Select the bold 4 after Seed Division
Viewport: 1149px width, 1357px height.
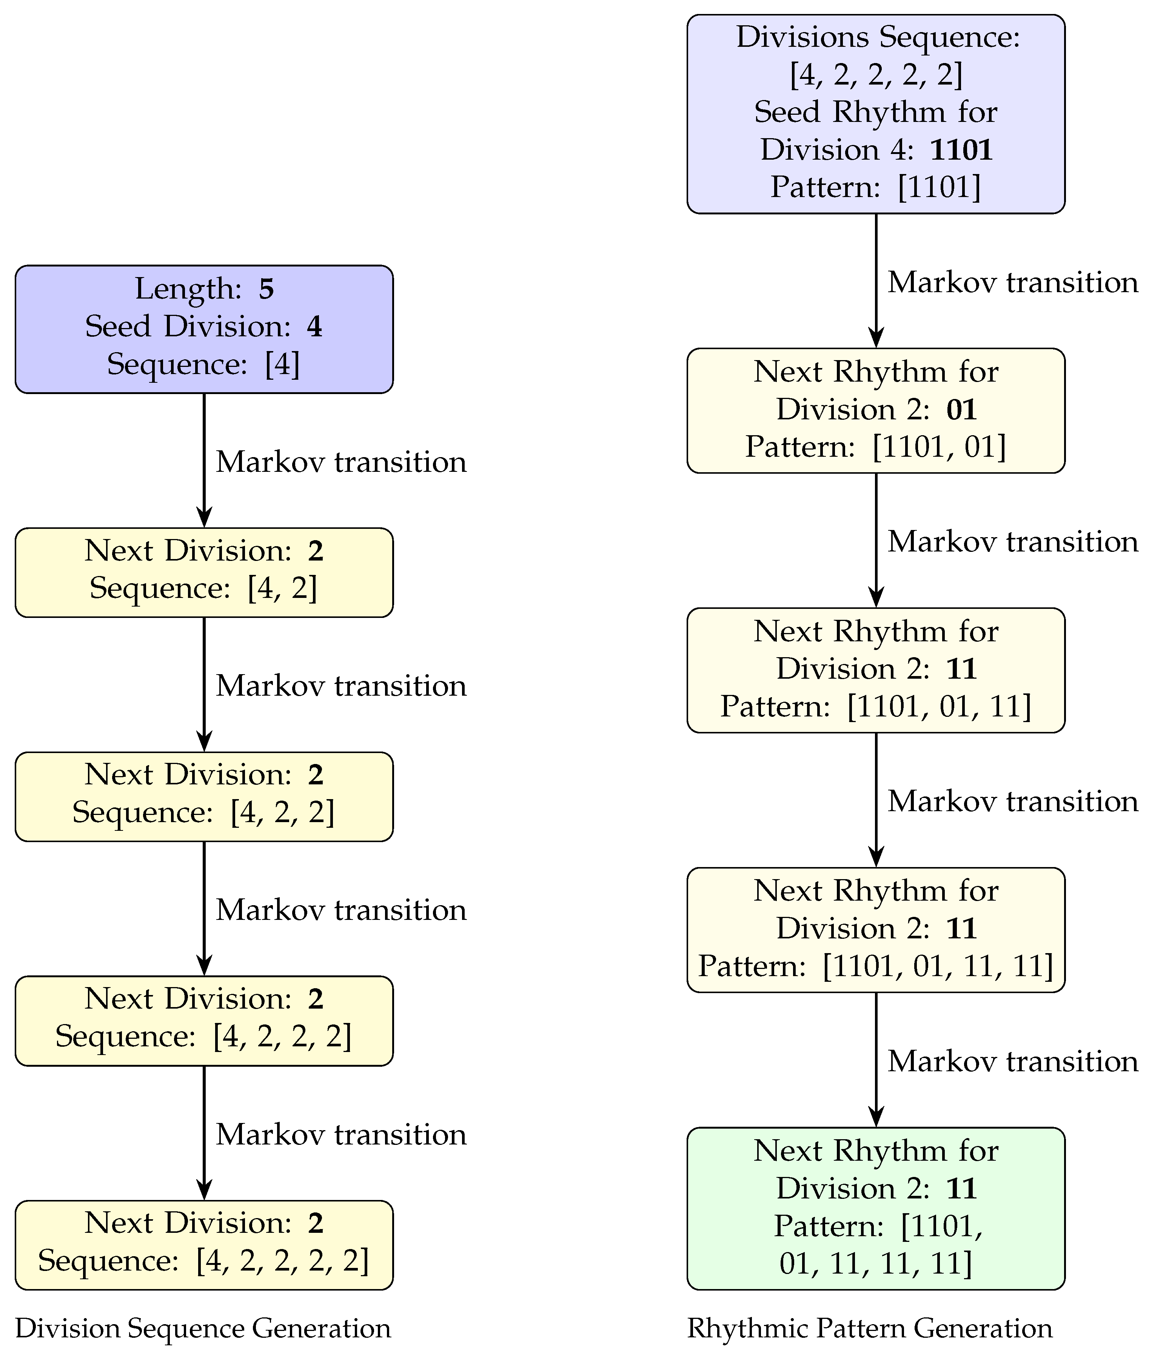coord(314,327)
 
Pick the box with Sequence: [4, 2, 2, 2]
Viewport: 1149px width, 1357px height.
coord(204,1020)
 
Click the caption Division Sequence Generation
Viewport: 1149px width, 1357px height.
coord(203,1328)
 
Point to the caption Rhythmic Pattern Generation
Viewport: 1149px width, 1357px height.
coord(870,1328)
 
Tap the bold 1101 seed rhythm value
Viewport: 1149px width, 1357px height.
coord(961,150)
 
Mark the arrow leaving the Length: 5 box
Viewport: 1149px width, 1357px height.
coord(204,459)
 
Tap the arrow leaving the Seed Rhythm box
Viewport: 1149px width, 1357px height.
coord(876,280)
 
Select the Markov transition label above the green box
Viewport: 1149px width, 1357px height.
coord(1013,1061)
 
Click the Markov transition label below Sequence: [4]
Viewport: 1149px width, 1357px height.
coord(341,462)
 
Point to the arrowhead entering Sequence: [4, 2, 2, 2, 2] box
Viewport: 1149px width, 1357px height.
coord(204,1189)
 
